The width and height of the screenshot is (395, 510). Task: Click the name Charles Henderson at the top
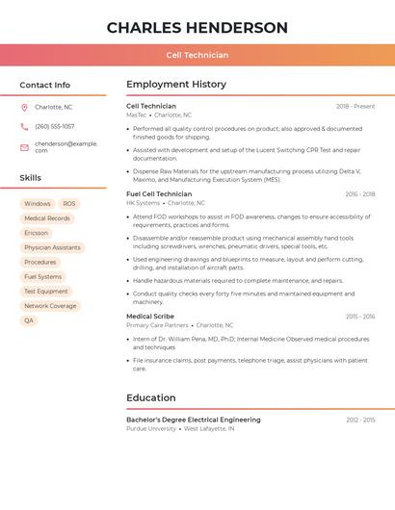pyautogui.click(x=197, y=28)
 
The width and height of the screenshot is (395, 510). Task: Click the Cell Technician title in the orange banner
pyautogui.click(x=197, y=56)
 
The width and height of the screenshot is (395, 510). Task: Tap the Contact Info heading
pyautogui.click(x=44, y=85)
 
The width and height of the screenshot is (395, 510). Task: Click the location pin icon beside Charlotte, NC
pyautogui.click(x=24, y=107)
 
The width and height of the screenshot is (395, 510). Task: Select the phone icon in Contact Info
pyautogui.click(x=24, y=126)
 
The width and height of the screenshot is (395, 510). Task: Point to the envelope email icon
pyautogui.click(x=24, y=147)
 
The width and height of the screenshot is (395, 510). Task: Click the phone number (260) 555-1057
pyautogui.click(x=55, y=126)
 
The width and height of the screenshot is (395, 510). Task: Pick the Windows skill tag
pyautogui.click(x=38, y=204)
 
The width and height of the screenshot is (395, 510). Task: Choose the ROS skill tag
pyautogui.click(x=69, y=204)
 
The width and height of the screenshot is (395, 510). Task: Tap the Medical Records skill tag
pyautogui.click(x=47, y=218)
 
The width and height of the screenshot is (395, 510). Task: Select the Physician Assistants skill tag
pyautogui.click(x=52, y=247)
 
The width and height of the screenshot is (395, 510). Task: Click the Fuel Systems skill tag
pyautogui.click(x=43, y=276)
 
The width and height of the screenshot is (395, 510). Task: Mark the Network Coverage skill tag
pyautogui.click(x=50, y=306)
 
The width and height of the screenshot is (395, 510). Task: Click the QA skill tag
pyautogui.click(x=29, y=320)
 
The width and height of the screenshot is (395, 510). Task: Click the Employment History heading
pyautogui.click(x=176, y=85)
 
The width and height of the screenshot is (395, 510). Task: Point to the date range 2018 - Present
pyautogui.click(x=355, y=106)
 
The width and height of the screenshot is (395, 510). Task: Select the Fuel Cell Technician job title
pyautogui.click(x=159, y=194)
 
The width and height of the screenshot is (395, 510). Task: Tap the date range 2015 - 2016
pyautogui.click(x=360, y=316)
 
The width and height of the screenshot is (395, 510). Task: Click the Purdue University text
pyautogui.click(x=151, y=428)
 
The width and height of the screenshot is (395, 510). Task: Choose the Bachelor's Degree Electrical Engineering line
pyautogui.click(x=194, y=420)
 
